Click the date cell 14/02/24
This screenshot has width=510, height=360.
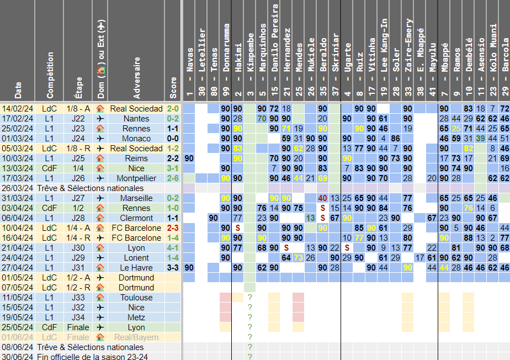[18, 109]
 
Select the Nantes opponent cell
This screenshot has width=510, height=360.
[136, 119]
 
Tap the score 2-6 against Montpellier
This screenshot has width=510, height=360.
[173, 178]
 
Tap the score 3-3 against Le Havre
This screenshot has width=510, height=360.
[173, 268]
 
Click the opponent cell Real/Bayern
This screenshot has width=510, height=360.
[136, 337]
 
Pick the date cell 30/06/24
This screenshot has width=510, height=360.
[18, 357]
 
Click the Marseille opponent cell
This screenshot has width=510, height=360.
[136, 198]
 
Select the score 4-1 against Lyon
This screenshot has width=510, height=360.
[173, 248]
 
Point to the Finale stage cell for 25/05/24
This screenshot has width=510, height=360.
[78, 327]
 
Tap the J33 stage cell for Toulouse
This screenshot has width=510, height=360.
[78, 298]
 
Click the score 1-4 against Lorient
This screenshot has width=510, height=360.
[173, 258]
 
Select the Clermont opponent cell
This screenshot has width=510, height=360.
[136, 218]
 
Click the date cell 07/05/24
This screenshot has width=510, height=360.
[18, 288]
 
